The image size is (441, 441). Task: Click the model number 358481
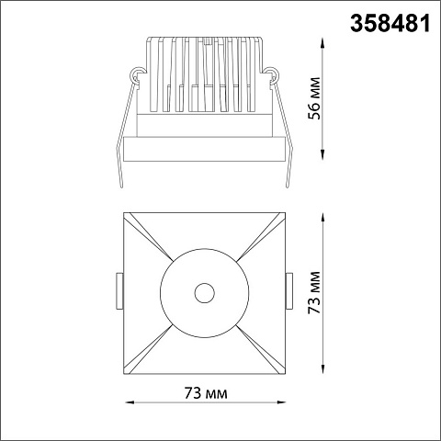(390, 24)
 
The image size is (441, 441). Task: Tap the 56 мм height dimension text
(314, 98)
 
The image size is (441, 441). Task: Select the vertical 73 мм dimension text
(314, 292)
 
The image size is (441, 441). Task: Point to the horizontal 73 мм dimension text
(206, 393)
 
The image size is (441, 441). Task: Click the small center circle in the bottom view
(205, 293)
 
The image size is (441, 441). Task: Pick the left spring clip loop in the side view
(138, 74)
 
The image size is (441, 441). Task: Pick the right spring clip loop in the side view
(271, 74)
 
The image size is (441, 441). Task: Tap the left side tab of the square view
(119, 292)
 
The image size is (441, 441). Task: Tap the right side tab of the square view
(289, 292)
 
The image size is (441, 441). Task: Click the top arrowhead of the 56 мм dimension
(322, 42)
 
